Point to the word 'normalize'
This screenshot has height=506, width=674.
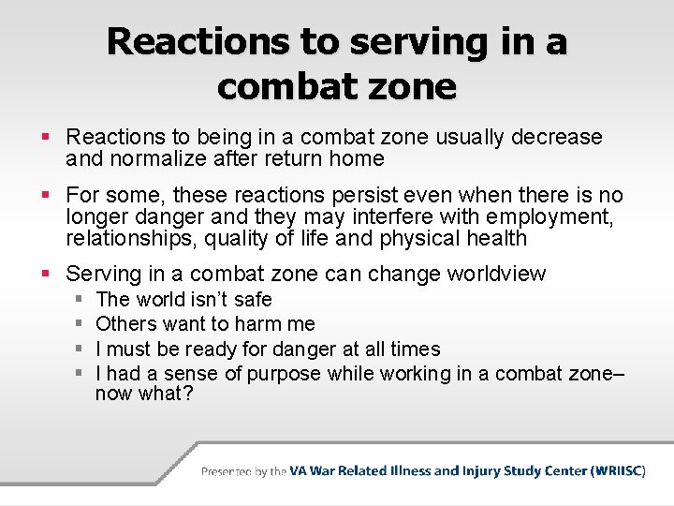pos(154,159)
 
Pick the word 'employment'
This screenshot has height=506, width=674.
pos(554,217)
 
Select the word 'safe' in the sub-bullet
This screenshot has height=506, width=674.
pos(253,300)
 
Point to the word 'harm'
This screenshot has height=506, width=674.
pos(256,324)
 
